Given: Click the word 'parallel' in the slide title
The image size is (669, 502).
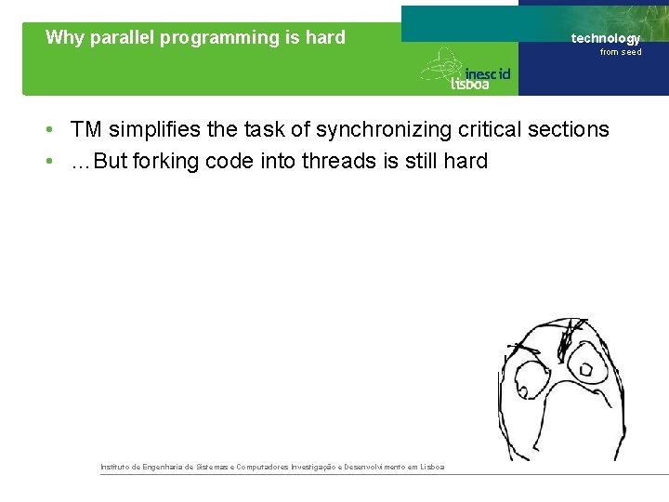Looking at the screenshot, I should point(124,38).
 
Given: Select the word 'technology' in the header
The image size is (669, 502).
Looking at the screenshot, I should point(605,38).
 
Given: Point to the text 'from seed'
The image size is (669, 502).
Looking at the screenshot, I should point(620,52).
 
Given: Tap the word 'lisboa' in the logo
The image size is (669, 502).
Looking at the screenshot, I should point(470,84).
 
